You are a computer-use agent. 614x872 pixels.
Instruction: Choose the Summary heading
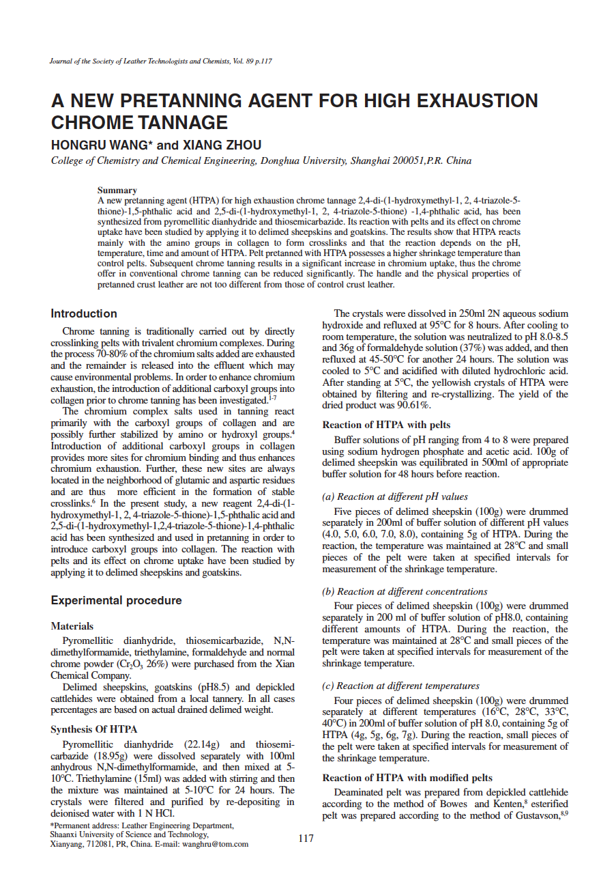coord(117,190)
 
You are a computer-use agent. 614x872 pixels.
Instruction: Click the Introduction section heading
coord(84,314)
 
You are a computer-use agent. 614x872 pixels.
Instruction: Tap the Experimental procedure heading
coord(116,601)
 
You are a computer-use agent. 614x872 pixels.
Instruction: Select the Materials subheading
coord(72,626)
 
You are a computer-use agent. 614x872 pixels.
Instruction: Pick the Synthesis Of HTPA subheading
coord(94,729)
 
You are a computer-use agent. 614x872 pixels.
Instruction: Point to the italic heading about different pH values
coord(395,496)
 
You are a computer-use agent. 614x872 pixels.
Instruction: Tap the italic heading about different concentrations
coord(405,591)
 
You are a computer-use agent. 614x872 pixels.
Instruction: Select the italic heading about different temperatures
coord(400,686)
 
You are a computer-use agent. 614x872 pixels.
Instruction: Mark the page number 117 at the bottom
coord(306,838)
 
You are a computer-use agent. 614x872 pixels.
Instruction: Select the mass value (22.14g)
coord(207,744)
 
